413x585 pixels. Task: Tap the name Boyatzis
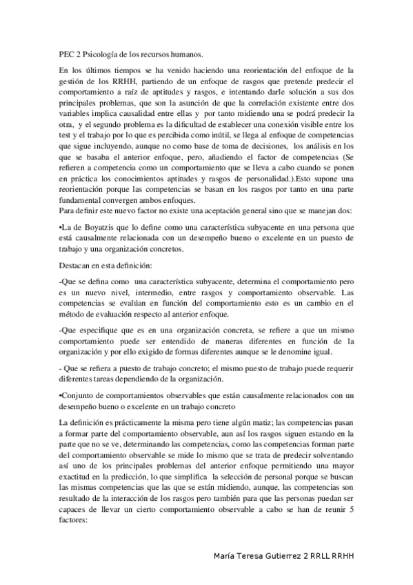(x=101, y=227)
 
